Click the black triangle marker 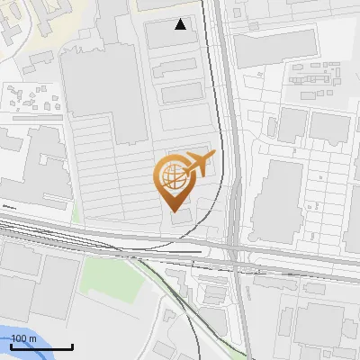(x=181, y=24)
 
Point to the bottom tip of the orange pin (x=171, y=211)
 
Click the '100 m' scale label (x=23, y=337)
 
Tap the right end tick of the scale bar (x=72, y=346)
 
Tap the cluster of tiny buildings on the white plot (x=31, y=96)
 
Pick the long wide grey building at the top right (x=274, y=47)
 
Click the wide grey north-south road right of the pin (x=236, y=162)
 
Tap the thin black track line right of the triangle (x=216, y=54)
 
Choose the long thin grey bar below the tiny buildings (x=31, y=118)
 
